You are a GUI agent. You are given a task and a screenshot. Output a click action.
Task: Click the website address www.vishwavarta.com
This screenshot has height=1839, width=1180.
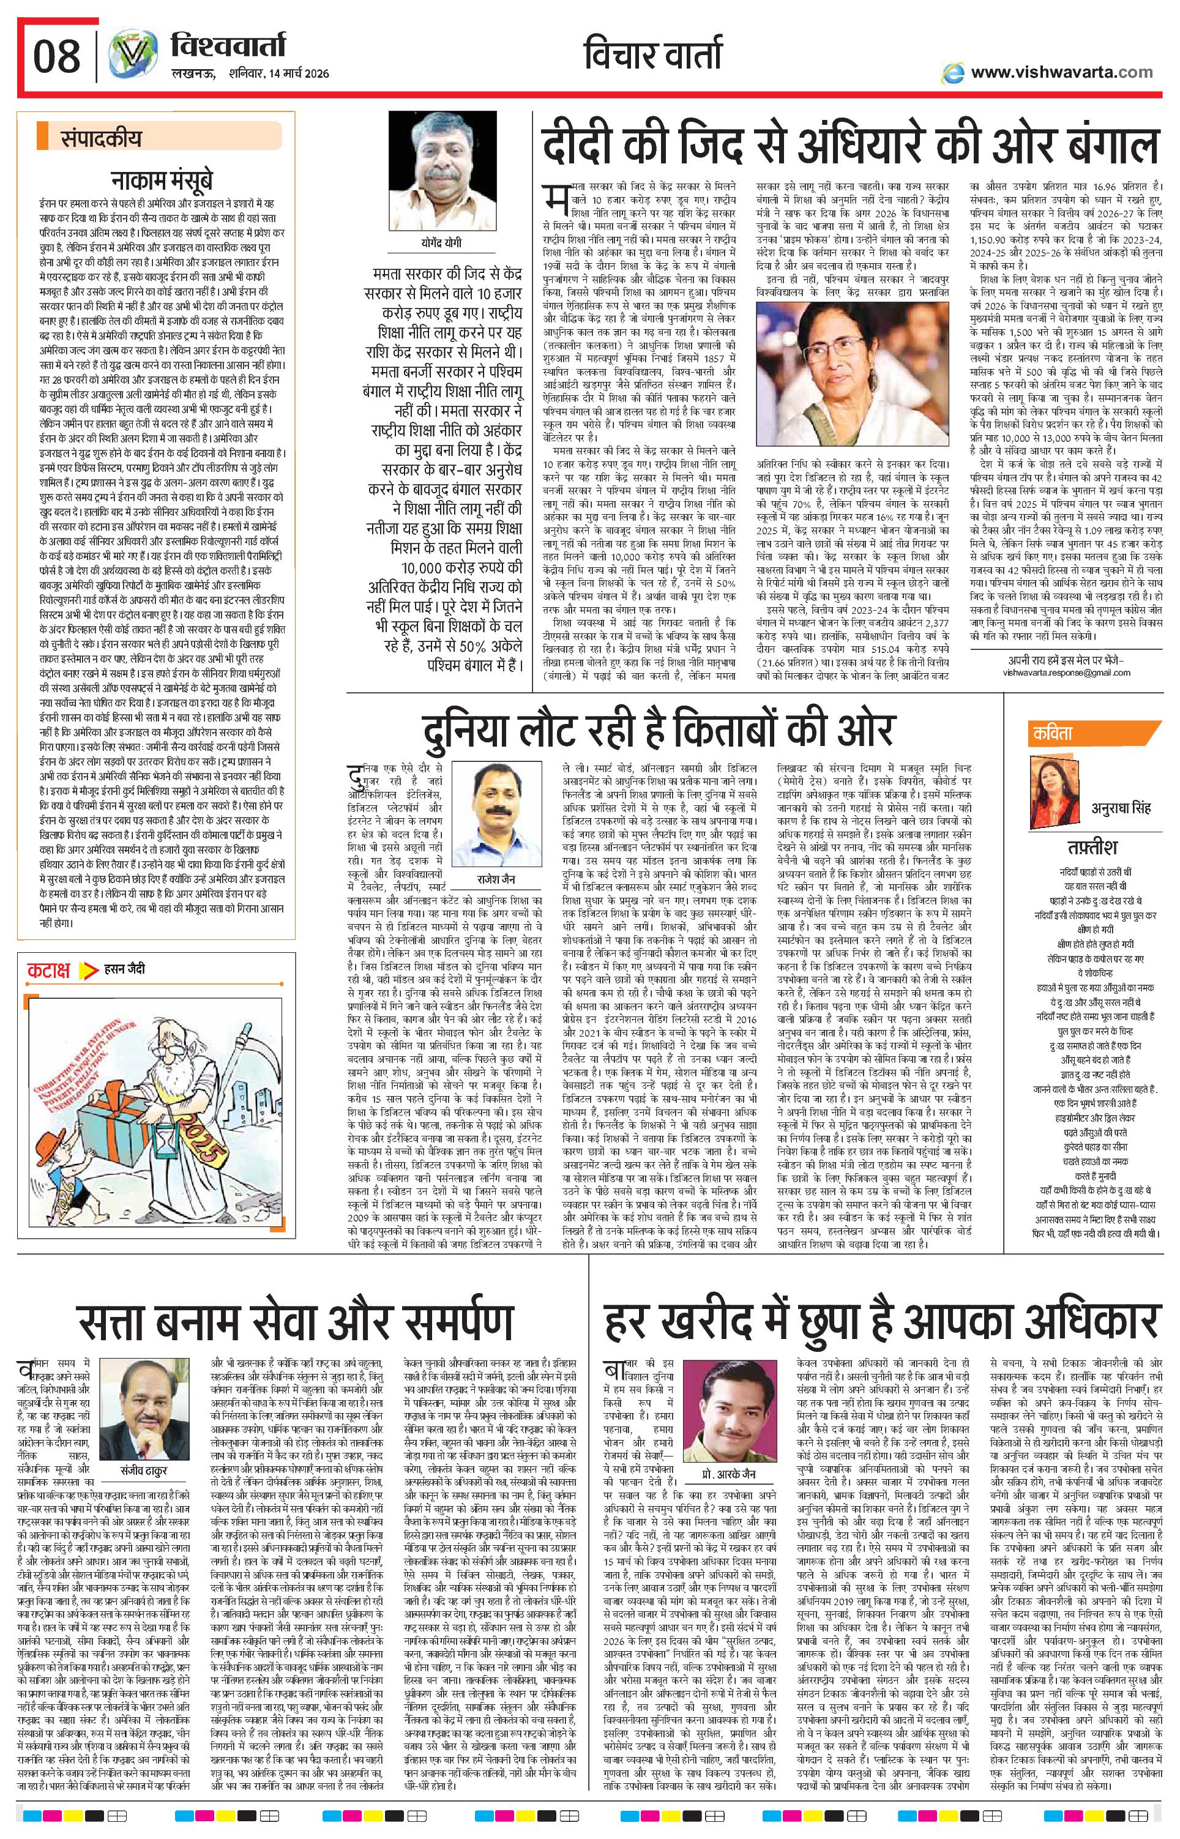click(1061, 72)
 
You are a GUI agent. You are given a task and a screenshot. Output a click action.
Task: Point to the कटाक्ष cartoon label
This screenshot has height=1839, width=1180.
click(50, 969)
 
